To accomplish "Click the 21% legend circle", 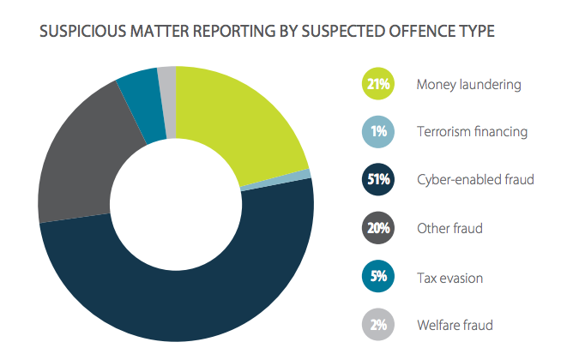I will (x=379, y=84).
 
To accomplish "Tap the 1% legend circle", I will (x=379, y=132).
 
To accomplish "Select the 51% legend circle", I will (x=379, y=180).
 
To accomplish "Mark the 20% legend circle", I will (x=379, y=229).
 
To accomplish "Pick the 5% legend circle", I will (x=379, y=277).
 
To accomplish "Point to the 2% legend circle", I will (x=379, y=325).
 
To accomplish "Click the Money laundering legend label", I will (x=468, y=84).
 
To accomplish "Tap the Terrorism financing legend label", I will (x=472, y=132).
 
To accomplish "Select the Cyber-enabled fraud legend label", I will (x=475, y=180).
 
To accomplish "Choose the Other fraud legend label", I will (x=449, y=229).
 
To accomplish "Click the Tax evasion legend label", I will (x=449, y=277).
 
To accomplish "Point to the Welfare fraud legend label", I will (x=455, y=325).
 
